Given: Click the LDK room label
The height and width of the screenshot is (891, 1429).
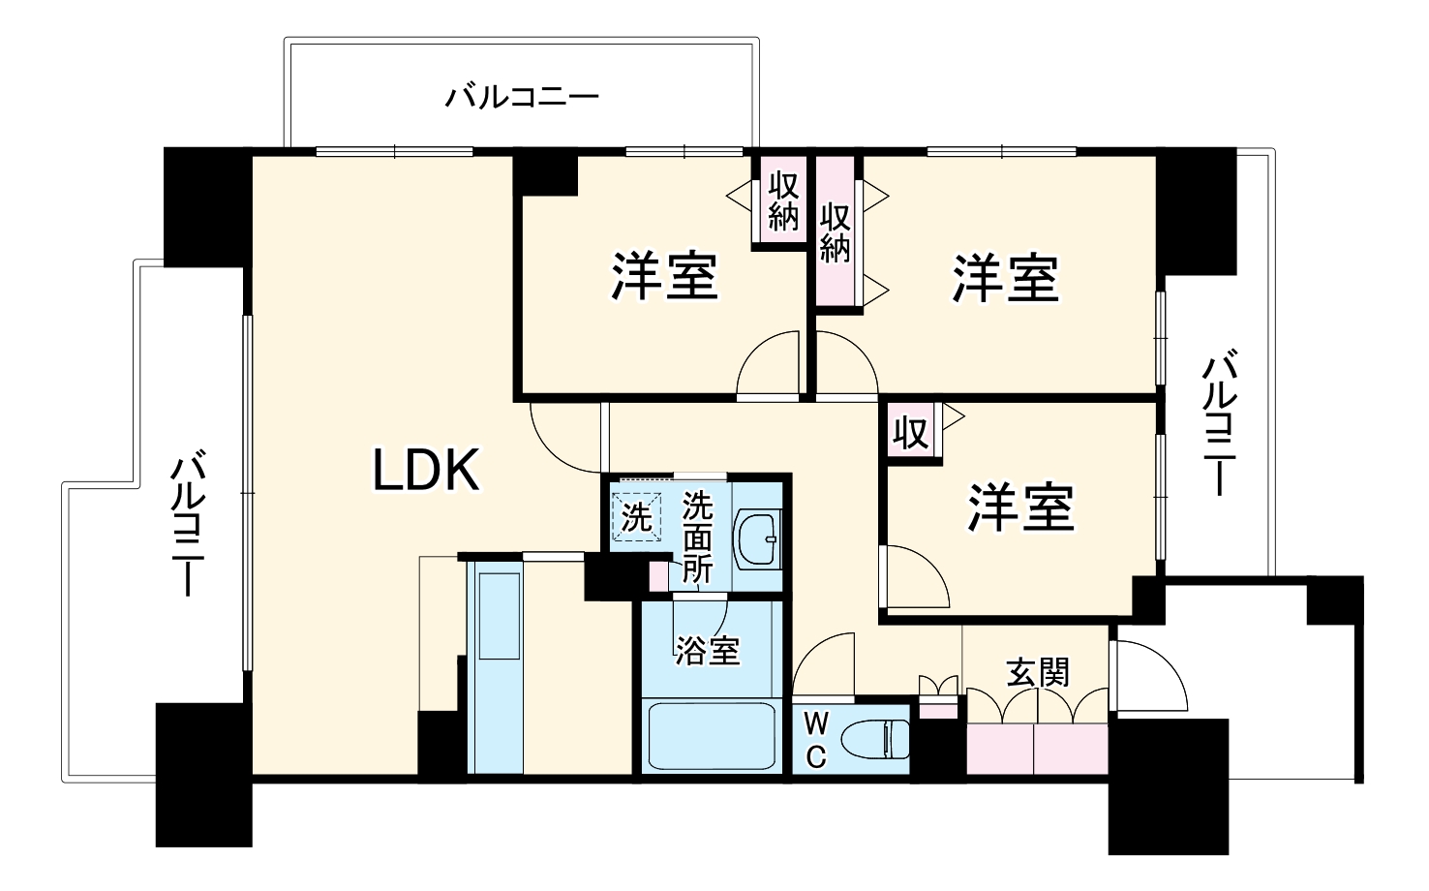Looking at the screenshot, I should (427, 471).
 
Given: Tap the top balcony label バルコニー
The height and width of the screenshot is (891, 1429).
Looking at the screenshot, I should (523, 98).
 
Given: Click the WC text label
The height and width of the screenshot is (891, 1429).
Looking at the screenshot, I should (816, 740).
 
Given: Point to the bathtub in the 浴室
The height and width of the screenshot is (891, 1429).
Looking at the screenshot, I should (710, 736).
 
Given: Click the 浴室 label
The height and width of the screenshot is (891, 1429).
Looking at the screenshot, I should (708, 650).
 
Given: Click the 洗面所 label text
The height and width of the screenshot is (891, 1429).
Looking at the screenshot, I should (697, 538).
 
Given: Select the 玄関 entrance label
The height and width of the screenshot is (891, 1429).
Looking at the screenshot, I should (1038, 671).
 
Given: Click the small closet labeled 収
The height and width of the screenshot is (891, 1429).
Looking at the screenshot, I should (910, 433).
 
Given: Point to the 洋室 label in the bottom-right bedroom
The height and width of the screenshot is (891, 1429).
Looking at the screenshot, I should (1021, 507).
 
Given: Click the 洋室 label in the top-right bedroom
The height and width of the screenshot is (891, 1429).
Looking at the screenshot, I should (1006, 277).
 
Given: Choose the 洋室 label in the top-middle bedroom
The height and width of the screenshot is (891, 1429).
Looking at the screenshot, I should (664, 275).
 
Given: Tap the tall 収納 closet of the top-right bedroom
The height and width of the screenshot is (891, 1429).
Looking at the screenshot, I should (836, 232).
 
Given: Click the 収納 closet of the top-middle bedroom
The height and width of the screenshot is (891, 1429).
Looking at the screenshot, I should (782, 202).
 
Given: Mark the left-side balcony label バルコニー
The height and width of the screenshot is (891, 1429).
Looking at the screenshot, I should (188, 523).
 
